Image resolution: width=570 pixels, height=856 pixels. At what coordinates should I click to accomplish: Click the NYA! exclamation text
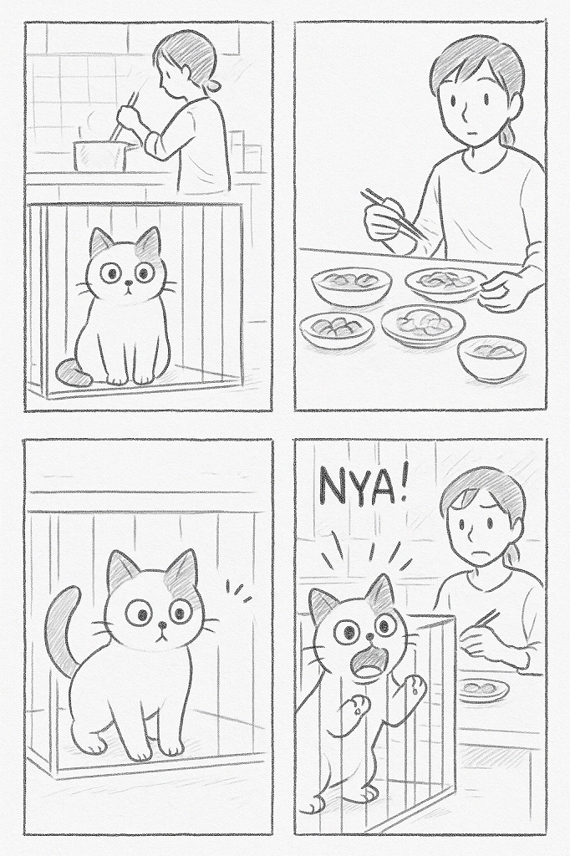pyautogui.click(x=364, y=487)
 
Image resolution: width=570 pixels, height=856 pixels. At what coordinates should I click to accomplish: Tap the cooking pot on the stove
pyautogui.click(x=102, y=155)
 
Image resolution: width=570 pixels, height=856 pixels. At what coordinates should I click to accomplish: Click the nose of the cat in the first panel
pyautogui.click(x=127, y=283)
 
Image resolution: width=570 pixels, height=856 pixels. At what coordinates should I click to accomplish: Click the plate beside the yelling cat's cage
pyautogui.click(x=484, y=688)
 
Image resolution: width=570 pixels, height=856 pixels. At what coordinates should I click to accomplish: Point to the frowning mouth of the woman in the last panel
pyautogui.click(x=482, y=552)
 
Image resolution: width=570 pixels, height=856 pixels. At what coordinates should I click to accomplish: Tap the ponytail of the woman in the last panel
pyautogui.click(x=512, y=556)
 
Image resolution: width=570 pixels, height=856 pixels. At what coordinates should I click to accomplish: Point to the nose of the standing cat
pyautogui.click(x=161, y=624)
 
